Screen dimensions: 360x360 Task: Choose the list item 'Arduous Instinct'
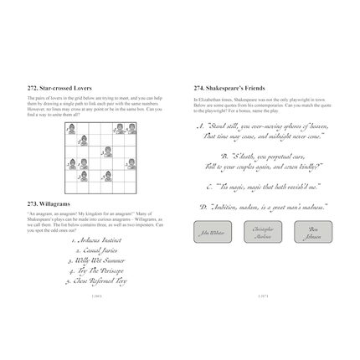coord(97,240)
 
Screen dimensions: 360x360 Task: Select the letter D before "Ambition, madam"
coord(203,206)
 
